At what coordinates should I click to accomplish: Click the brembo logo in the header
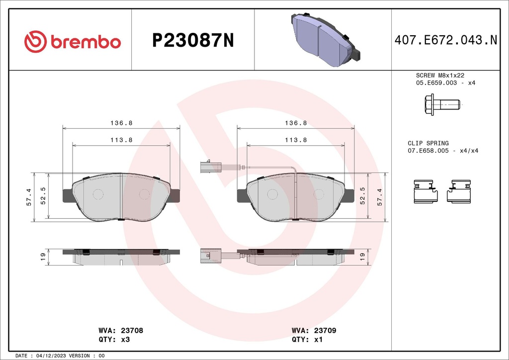pyautogui.click(x=73, y=42)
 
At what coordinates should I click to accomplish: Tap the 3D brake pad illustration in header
pyautogui.click(x=325, y=40)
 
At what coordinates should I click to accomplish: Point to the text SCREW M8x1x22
pyautogui.click(x=439, y=75)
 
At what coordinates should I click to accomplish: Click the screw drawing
pyautogui.click(x=442, y=105)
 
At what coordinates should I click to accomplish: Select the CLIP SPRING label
pyautogui.click(x=428, y=143)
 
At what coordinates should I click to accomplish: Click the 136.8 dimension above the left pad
pyautogui.click(x=121, y=123)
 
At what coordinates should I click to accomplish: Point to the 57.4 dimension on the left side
pyautogui.click(x=29, y=197)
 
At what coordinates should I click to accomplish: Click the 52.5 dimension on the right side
pyautogui.click(x=362, y=196)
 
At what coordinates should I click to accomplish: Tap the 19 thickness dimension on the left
pyautogui.click(x=43, y=256)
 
